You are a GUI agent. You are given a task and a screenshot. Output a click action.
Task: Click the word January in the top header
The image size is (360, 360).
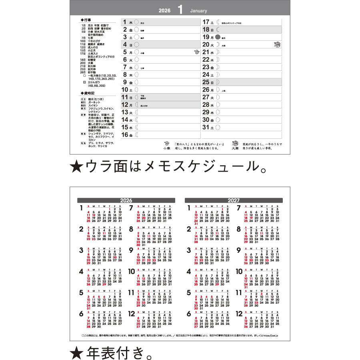[198, 10]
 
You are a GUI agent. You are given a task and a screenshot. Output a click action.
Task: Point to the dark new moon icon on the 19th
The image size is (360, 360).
[218, 37]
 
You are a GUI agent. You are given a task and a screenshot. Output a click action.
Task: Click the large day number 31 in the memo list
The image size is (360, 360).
[206, 128]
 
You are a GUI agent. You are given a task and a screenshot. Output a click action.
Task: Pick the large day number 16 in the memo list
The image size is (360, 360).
[125, 135]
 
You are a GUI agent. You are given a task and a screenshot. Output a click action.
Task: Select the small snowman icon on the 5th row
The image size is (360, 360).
[196, 52]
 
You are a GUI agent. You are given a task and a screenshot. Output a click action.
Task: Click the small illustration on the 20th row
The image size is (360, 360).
[277, 44]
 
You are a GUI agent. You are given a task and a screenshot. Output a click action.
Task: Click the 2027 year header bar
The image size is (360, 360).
[234, 200]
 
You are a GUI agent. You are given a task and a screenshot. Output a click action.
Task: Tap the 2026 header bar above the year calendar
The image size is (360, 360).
[126, 200]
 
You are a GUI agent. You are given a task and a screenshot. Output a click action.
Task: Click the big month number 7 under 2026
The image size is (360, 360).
[131, 208]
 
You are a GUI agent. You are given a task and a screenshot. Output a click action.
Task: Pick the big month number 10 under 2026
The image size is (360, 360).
[132, 271]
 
